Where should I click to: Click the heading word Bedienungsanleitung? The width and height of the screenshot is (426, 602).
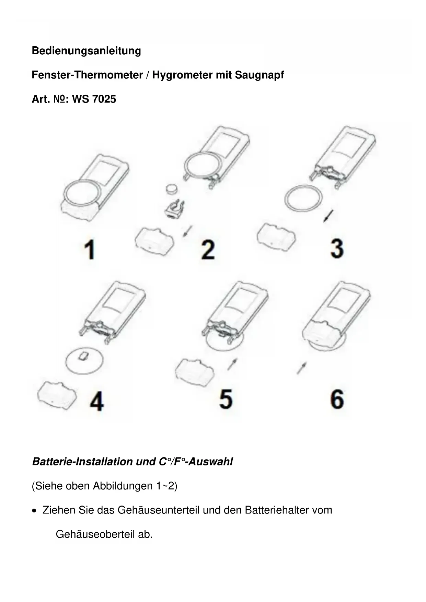[x=86, y=51]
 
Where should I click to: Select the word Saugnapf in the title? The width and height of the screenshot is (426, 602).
[x=259, y=75]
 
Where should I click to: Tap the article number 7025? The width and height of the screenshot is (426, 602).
[x=104, y=99]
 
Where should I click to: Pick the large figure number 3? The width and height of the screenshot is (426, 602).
[x=337, y=248]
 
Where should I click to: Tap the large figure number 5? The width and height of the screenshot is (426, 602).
[x=226, y=399]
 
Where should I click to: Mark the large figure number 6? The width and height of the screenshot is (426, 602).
[x=337, y=399]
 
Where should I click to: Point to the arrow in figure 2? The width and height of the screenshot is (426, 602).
[x=187, y=231]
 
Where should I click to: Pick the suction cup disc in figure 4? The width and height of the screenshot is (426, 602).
[x=84, y=361]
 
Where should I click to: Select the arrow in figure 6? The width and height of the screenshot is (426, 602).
[x=302, y=368]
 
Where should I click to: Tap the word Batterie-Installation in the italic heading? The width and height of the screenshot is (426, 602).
[x=82, y=462]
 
